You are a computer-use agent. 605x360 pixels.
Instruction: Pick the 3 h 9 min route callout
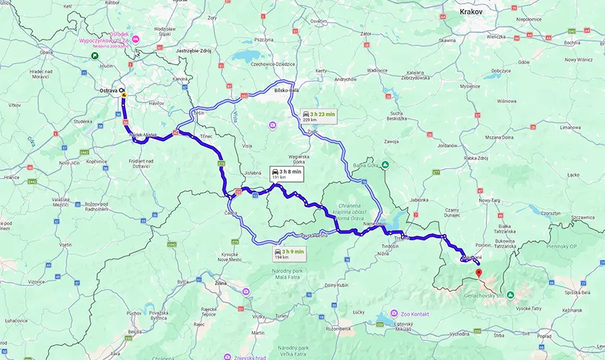point(289,252)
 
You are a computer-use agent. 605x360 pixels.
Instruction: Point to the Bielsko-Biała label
point(288,91)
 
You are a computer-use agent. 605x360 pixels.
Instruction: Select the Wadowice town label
point(377,71)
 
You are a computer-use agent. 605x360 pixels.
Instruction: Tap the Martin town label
point(257,333)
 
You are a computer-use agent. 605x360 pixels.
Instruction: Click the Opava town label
point(46,53)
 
